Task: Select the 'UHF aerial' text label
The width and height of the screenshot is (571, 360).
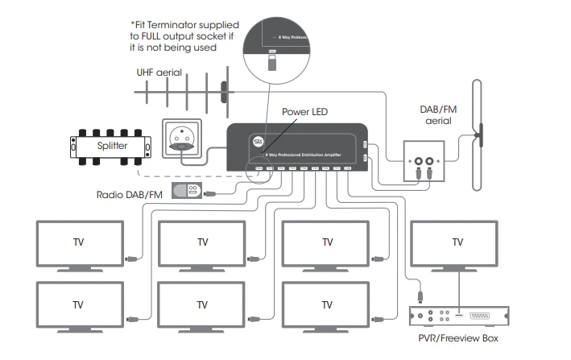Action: point(160,72)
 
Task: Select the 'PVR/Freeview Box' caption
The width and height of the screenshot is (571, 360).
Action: point(457,338)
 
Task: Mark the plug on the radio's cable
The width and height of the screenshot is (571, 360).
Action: point(210,193)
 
